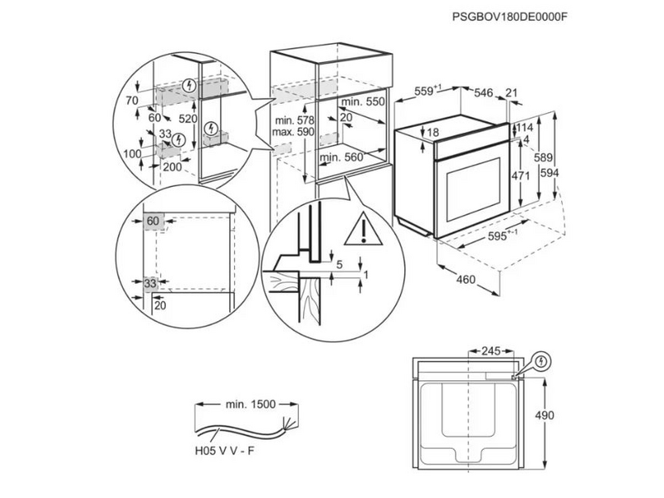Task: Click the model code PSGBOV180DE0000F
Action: (x=515, y=16)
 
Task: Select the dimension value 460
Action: (x=466, y=279)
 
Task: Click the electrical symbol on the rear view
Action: (x=541, y=362)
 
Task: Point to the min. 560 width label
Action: (x=341, y=157)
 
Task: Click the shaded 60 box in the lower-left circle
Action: (x=154, y=221)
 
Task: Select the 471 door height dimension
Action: (x=520, y=175)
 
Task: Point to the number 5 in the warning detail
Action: (x=339, y=264)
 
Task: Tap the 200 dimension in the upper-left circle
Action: (x=172, y=167)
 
